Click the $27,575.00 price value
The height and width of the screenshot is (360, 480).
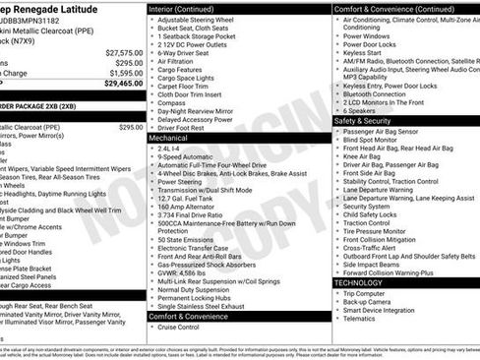tap(124, 52)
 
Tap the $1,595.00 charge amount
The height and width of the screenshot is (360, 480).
tap(126, 73)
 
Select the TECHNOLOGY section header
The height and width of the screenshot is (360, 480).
tap(359, 282)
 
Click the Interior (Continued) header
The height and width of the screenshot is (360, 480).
tap(190, 8)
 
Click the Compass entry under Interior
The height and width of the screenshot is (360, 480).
tap(171, 101)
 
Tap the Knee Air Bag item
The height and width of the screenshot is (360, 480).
tap(367, 156)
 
